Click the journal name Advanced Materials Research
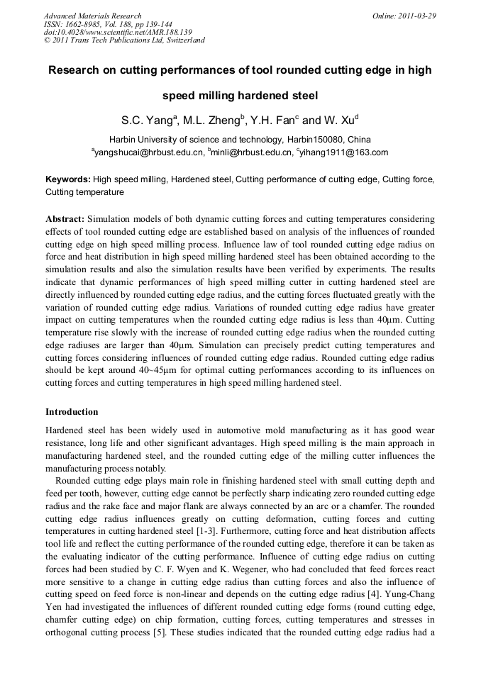[x=92, y=16]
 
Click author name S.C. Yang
[x=145, y=120]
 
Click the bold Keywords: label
[x=68, y=180]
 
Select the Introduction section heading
[x=72, y=412]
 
